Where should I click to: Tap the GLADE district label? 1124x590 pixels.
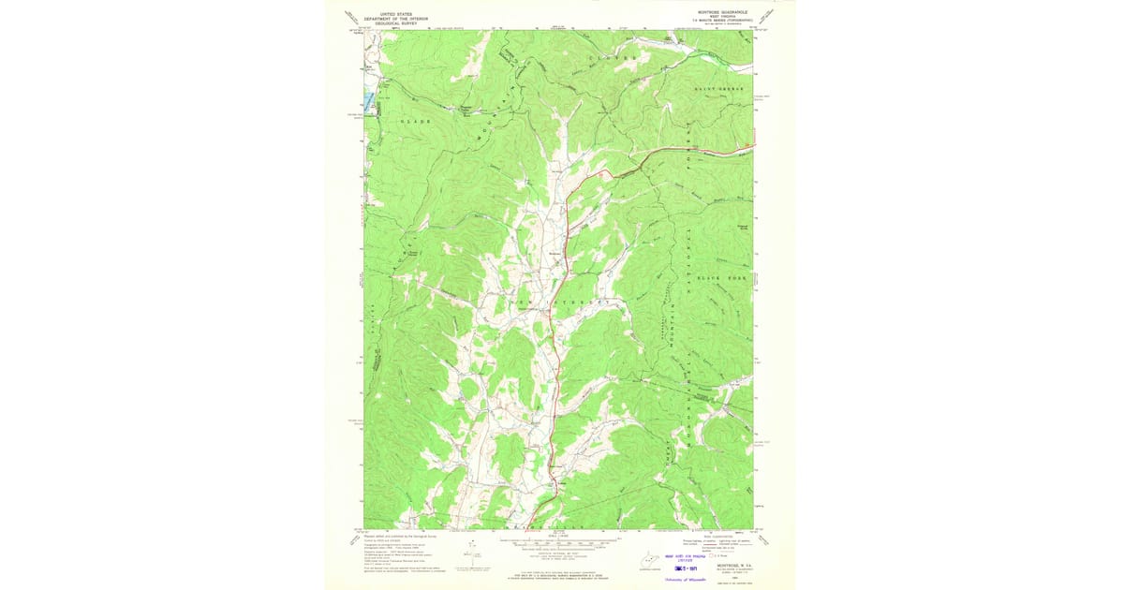click(415, 122)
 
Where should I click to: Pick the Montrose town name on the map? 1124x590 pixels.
click(555, 253)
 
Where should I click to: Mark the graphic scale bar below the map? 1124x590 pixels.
click(558, 541)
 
